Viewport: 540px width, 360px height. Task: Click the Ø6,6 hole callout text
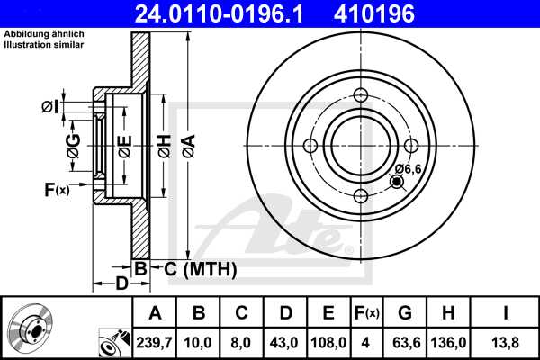point(407,168)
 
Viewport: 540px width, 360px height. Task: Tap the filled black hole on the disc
point(397,183)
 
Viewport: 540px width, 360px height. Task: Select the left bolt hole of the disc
point(311,147)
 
